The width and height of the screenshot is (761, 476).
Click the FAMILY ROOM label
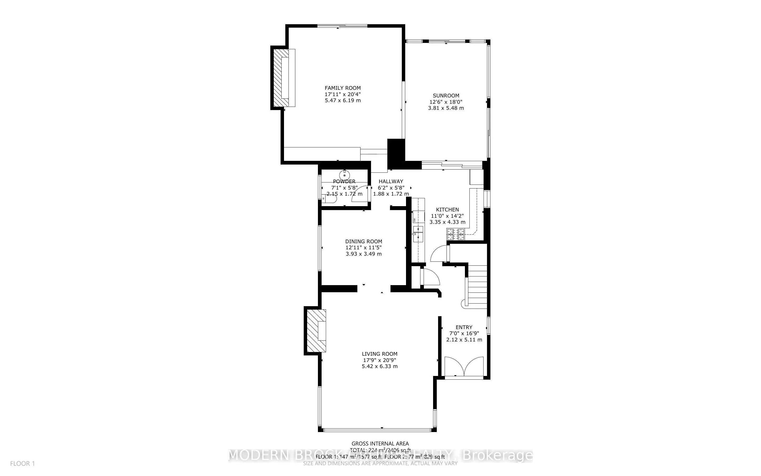pyautogui.click(x=342, y=88)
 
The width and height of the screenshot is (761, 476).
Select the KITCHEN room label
pyautogui.click(x=447, y=210)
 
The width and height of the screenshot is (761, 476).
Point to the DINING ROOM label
pyautogui.click(x=364, y=241)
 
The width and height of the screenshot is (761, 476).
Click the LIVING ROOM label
pyautogui.click(x=379, y=354)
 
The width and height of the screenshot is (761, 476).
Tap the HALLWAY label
pyautogui.click(x=391, y=181)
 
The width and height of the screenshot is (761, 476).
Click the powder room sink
pyautogui.click(x=345, y=175)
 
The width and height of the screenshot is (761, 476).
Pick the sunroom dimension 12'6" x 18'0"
pyautogui.click(x=446, y=102)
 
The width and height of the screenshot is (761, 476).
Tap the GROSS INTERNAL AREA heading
pyautogui.click(x=380, y=444)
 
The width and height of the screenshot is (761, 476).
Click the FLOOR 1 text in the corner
pyautogui.click(x=22, y=464)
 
